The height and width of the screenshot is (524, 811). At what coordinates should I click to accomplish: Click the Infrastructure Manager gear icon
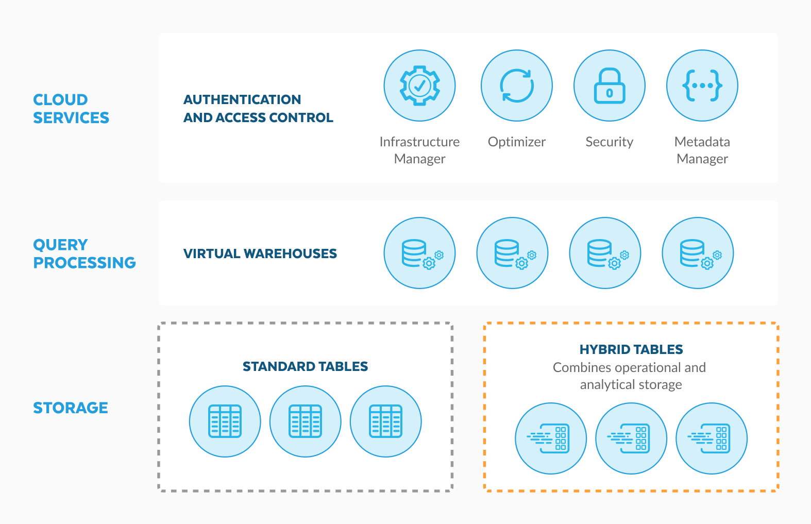[419, 86]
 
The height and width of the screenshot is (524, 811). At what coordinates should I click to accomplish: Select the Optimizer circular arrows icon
[517, 86]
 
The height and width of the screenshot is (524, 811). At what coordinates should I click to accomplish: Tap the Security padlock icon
[610, 86]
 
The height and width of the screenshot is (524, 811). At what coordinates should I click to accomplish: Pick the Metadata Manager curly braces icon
[702, 86]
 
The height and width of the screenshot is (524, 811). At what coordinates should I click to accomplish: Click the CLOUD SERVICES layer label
[71, 109]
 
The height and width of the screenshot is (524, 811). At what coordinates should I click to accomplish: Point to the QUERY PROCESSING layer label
[85, 253]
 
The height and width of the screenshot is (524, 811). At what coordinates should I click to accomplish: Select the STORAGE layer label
[71, 408]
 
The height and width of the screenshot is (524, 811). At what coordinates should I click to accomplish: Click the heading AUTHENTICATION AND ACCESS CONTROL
[258, 109]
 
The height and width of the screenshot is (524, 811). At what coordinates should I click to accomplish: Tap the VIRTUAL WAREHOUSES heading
[260, 253]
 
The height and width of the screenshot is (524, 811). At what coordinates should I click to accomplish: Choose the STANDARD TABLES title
[305, 366]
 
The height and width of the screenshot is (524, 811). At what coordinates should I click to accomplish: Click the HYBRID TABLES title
[631, 349]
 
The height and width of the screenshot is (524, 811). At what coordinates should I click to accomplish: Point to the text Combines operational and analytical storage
[630, 376]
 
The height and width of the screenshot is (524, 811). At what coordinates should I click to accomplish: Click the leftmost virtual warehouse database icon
[419, 253]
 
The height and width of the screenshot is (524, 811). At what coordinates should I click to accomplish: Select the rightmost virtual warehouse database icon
[698, 253]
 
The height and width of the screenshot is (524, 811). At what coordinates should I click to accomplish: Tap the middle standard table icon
[306, 421]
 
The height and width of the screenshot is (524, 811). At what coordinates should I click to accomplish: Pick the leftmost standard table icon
[225, 421]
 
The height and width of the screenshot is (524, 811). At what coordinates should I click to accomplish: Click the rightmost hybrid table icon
[712, 438]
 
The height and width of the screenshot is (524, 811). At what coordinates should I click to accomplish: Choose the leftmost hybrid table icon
[551, 438]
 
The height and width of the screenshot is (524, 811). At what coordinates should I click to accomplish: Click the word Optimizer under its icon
[517, 142]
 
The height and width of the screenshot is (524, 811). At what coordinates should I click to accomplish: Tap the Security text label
[610, 142]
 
